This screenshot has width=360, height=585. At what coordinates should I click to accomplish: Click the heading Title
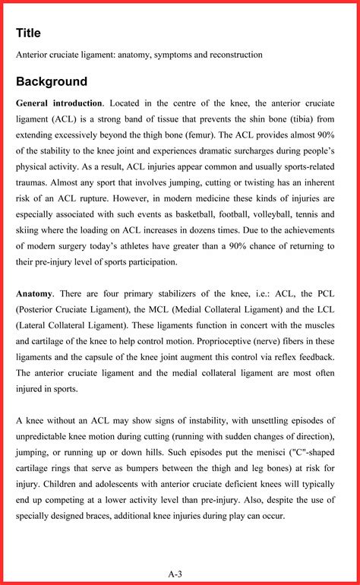[28, 33]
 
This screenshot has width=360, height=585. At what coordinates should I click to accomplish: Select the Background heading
[52, 82]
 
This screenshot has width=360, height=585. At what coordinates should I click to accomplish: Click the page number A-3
[175, 574]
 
